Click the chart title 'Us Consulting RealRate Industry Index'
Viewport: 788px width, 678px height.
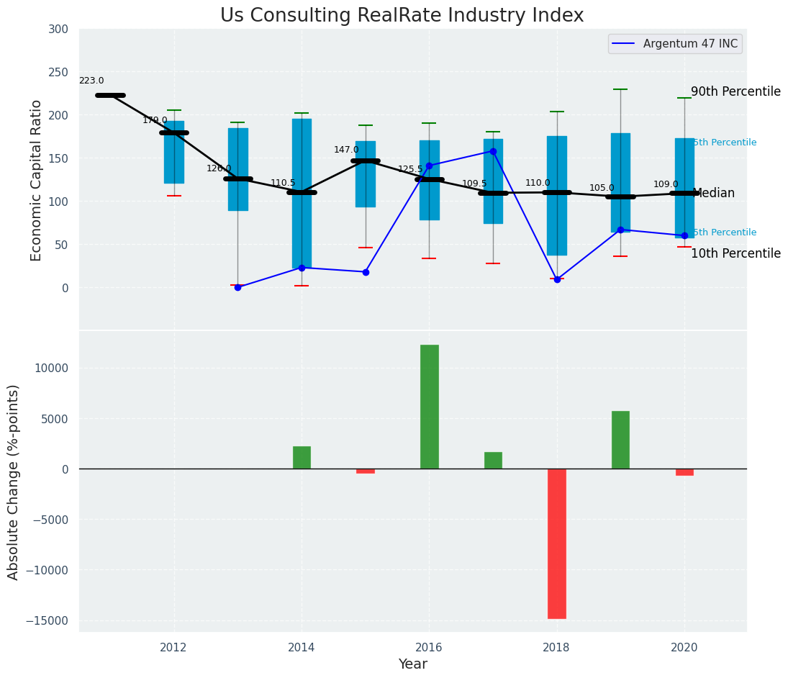pos(402,16)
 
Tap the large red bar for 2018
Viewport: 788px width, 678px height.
pos(556,543)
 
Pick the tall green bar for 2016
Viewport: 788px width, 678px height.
pos(429,407)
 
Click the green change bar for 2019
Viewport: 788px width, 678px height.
pos(620,440)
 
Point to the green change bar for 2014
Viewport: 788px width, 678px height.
pos(302,458)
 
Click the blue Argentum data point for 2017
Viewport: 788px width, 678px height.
pos(493,151)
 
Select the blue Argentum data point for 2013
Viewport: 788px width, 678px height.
pos(237,287)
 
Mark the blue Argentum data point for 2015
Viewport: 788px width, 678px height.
pos(366,272)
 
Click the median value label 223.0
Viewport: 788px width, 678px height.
pos(91,81)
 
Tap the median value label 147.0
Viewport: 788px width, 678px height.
pos(346,150)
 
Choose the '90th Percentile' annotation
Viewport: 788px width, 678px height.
pos(735,92)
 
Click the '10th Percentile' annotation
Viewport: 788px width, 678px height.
pos(735,254)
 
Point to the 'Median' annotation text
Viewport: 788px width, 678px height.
pos(713,194)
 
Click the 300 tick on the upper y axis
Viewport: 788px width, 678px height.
pos(58,30)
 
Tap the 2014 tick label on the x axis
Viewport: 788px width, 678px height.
pos(302,647)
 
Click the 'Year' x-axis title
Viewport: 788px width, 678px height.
pos(412,664)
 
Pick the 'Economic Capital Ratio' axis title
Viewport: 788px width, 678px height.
pos(37,180)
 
